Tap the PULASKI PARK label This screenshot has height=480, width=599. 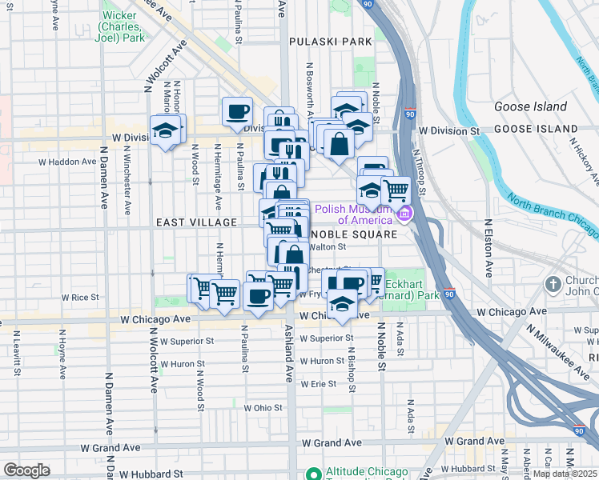click(x=331, y=41)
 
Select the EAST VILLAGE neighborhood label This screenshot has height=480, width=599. click(x=196, y=222)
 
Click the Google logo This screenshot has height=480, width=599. click(x=26, y=470)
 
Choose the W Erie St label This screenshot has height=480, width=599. click(x=318, y=384)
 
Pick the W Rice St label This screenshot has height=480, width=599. click(x=82, y=297)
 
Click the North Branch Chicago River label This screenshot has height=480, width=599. click(x=553, y=218)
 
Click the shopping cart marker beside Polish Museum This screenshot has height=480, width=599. click(x=396, y=190)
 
